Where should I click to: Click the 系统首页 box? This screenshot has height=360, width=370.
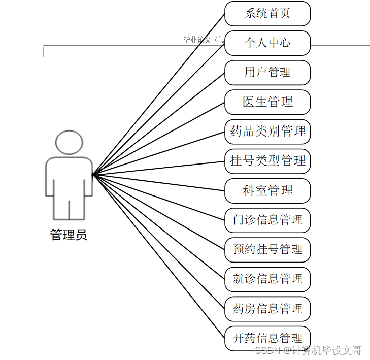tap(267, 14)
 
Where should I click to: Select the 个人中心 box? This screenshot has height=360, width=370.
tap(267, 43)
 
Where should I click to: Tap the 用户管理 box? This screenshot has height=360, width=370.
tap(267, 73)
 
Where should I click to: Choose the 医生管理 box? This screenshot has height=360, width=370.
tap(267, 102)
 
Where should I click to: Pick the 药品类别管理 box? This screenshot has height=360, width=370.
tap(267, 132)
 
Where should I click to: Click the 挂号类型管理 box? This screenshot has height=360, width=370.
tap(267, 161)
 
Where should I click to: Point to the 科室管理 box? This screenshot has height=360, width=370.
tap(267, 191)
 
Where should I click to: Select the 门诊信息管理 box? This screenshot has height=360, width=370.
tap(267, 220)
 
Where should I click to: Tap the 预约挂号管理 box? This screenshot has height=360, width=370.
tap(267, 250)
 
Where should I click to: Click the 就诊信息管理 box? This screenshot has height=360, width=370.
tap(267, 279)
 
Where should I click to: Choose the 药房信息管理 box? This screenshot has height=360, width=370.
tap(267, 309)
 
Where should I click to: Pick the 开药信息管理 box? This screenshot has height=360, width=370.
tap(267, 338)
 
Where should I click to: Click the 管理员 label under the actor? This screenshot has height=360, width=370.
tap(69, 235)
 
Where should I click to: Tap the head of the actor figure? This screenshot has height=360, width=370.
tap(69, 143)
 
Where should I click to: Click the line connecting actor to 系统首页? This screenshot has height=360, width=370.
tap(158, 94)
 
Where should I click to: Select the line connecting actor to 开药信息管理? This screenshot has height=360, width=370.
tap(158, 256)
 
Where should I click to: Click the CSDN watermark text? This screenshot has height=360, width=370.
tap(308, 350)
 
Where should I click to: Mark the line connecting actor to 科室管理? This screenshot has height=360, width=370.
tap(158, 183)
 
